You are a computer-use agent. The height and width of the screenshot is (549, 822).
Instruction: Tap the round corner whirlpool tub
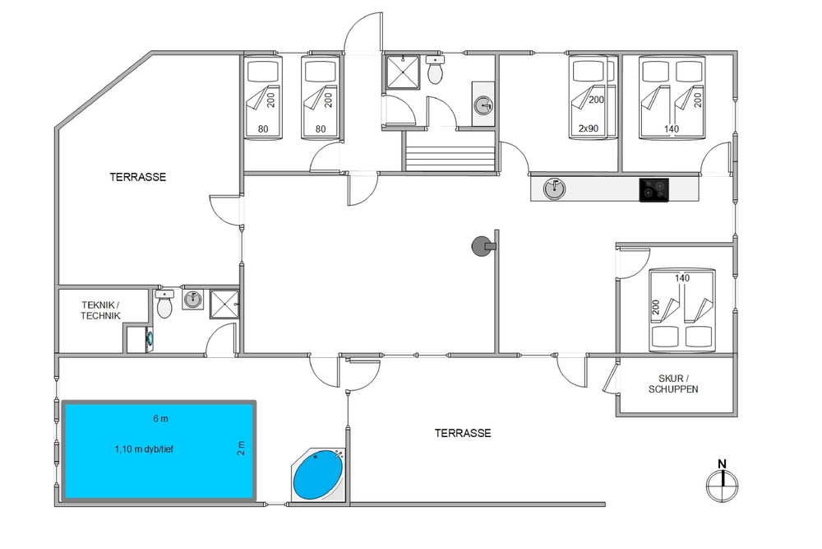317,475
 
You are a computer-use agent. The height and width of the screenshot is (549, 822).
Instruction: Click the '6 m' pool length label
160,418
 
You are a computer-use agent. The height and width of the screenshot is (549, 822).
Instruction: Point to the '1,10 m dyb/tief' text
144,449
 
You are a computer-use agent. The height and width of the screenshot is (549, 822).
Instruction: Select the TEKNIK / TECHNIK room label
100,310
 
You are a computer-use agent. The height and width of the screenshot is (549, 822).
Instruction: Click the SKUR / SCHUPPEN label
673,384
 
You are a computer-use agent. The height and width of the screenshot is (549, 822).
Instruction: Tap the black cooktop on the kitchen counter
653,189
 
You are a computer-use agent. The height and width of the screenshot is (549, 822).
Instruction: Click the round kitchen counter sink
554,188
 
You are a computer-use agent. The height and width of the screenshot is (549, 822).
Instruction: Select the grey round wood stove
483,245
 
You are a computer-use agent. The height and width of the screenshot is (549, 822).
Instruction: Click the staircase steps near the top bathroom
450,156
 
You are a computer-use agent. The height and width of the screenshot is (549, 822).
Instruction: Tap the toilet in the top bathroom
435,70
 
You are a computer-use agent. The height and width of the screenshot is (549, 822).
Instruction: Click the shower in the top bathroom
403,72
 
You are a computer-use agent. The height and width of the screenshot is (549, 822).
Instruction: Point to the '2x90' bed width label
589,128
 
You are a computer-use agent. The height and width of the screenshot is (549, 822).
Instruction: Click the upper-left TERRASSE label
138,177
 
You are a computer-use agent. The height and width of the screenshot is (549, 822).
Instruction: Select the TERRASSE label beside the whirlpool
463,433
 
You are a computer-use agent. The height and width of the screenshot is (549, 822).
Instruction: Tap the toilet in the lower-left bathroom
164,305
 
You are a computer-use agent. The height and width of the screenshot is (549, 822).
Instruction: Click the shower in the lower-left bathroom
224,305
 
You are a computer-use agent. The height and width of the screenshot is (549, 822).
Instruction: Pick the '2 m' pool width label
241,449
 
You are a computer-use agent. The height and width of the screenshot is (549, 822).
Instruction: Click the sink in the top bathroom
483,105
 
